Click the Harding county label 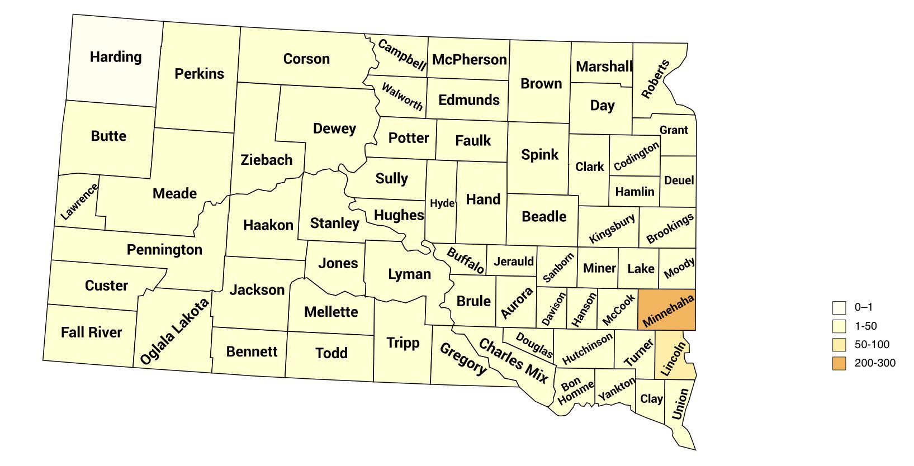[x=116, y=57]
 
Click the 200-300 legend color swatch [x=839, y=363]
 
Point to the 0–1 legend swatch [x=839, y=307]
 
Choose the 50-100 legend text [x=872, y=345]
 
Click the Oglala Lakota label [x=174, y=332]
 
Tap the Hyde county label [x=442, y=203]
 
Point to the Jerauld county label [x=513, y=261]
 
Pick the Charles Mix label [x=513, y=361]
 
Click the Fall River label [x=91, y=332]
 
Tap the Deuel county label [x=679, y=180]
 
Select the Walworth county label [x=402, y=96]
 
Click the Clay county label [x=651, y=398]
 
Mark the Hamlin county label [x=634, y=192]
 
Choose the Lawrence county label [x=79, y=202]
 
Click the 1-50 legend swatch [x=839, y=326]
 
